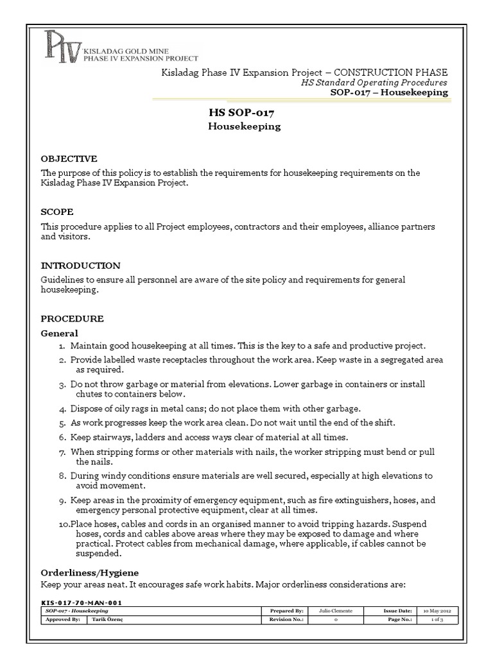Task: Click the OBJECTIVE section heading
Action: click(69, 158)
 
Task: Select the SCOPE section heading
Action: click(57, 212)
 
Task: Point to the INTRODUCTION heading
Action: click(80, 265)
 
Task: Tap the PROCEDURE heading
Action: click(72, 318)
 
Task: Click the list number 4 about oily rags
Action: click(62, 408)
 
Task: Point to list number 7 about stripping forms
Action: click(62, 452)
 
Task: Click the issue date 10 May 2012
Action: click(435, 611)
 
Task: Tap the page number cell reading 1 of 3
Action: click(435, 620)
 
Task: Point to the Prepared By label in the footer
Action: click(287, 611)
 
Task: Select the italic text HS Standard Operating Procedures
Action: click(374, 83)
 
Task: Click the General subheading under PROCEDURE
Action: click(59, 333)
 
